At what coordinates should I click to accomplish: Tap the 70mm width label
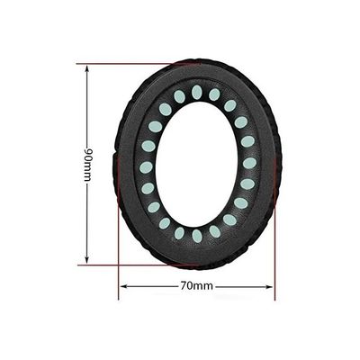195,287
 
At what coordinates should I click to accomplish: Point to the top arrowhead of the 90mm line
87,67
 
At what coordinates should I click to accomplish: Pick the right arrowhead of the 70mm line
271,287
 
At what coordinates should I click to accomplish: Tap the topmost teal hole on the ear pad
196,91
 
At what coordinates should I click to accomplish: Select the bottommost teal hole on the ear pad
196,236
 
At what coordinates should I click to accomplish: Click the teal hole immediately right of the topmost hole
214,94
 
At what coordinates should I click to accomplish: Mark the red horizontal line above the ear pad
135,64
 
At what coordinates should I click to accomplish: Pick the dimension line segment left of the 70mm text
148,287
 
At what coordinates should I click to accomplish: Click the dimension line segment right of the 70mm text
243,287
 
